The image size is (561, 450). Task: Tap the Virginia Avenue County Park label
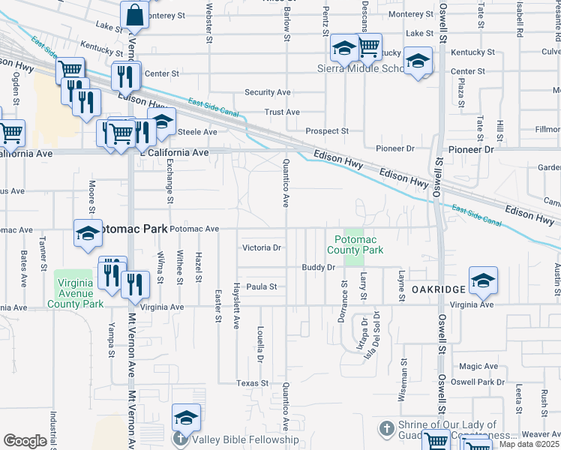pyautogui.click(x=79, y=293)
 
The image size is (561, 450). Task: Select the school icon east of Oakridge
pyautogui.click(x=483, y=280)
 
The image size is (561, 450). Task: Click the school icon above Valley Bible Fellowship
pyautogui.click(x=186, y=418)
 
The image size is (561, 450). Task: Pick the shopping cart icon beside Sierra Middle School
pyautogui.click(x=367, y=47)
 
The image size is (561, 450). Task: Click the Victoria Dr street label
pyautogui.click(x=262, y=247)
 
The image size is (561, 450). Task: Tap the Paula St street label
pyautogui.click(x=262, y=286)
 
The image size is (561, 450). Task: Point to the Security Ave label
pyautogui.click(x=267, y=92)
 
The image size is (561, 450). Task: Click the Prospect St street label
pyautogui.click(x=327, y=131)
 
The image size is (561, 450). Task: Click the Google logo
pyautogui.click(x=25, y=441)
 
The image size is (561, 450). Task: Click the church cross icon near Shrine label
pyautogui.click(x=385, y=429)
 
